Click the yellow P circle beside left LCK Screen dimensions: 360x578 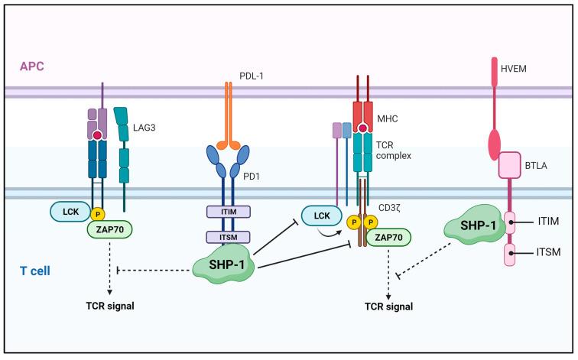pos(99,212)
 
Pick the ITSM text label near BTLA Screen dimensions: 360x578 pos(555,252)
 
